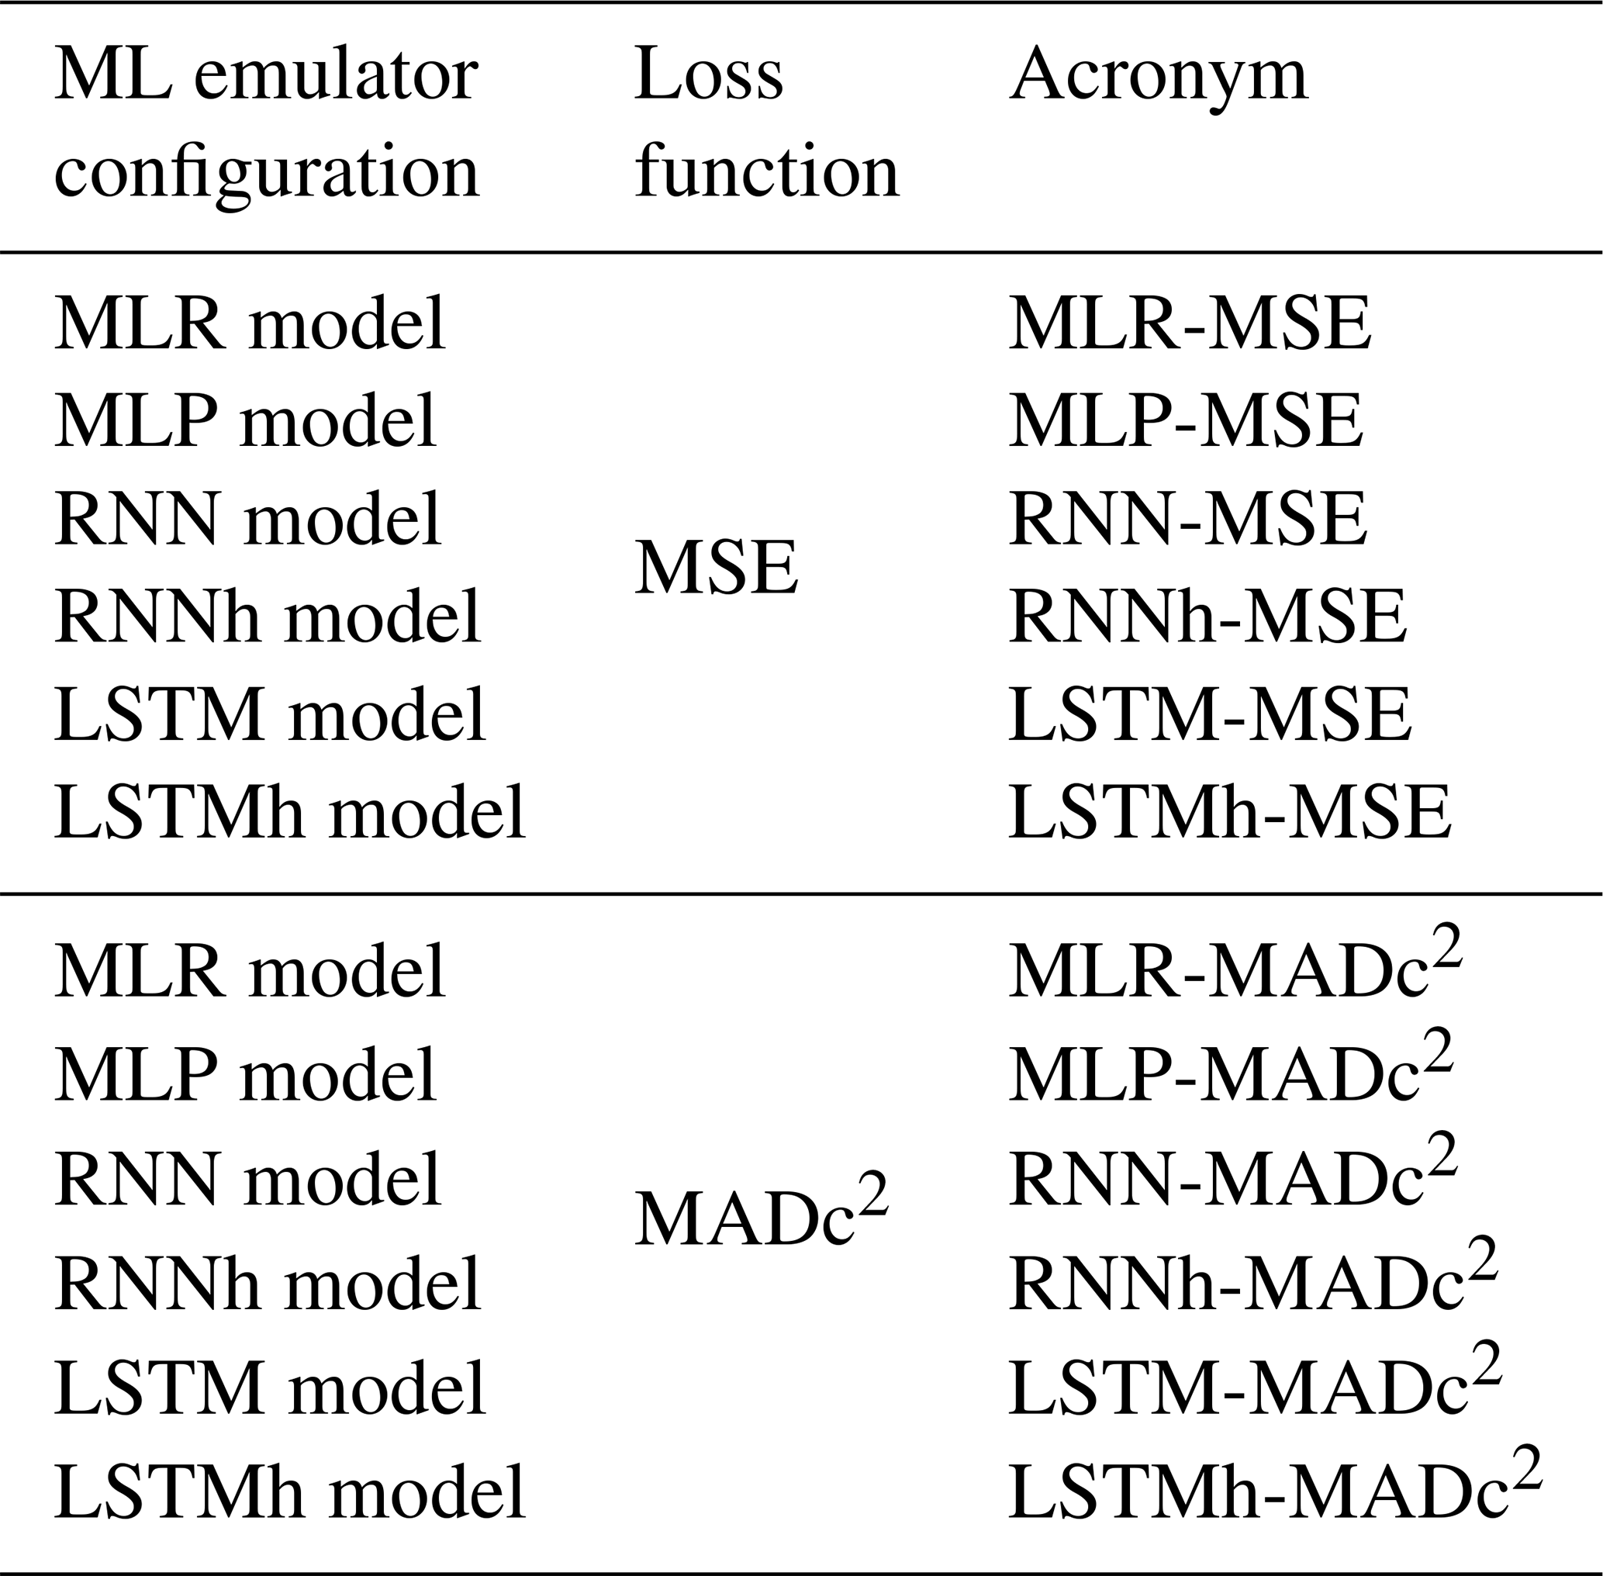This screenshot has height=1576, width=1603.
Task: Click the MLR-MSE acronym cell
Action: pos(1190,323)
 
